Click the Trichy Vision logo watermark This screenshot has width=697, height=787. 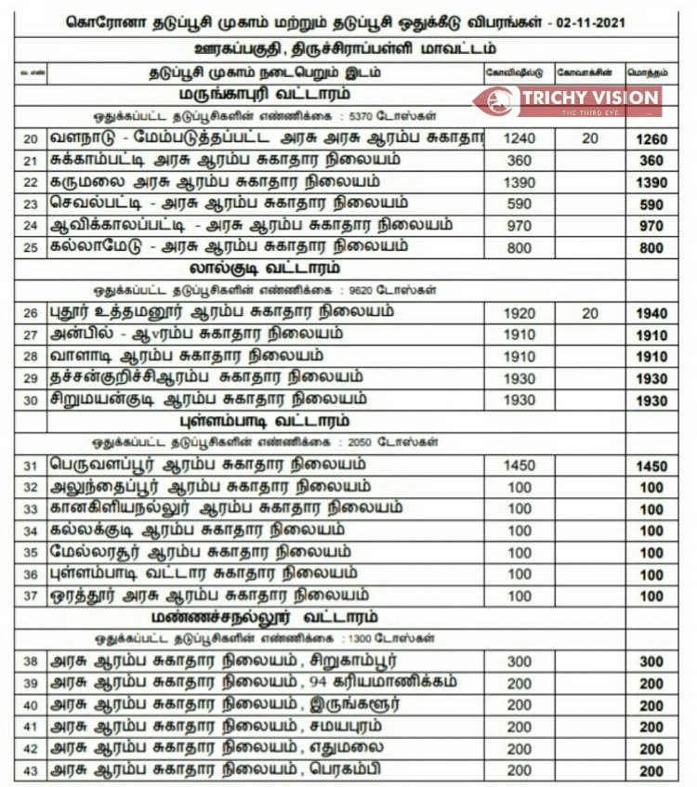(567, 100)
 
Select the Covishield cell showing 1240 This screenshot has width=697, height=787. (519, 138)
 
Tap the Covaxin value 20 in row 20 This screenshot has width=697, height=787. (590, 138)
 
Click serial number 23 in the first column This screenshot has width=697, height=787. (31, 204)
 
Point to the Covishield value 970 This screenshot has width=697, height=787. (519, 226)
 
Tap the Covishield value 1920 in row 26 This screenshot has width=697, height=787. (519, 313)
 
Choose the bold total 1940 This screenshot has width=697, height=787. (651, 314)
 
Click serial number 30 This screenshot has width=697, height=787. (31, 400)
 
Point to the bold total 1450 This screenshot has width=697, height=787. (651, 466)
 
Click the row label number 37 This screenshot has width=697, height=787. (31, 596)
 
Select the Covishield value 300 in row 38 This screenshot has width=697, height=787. (519, 662)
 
